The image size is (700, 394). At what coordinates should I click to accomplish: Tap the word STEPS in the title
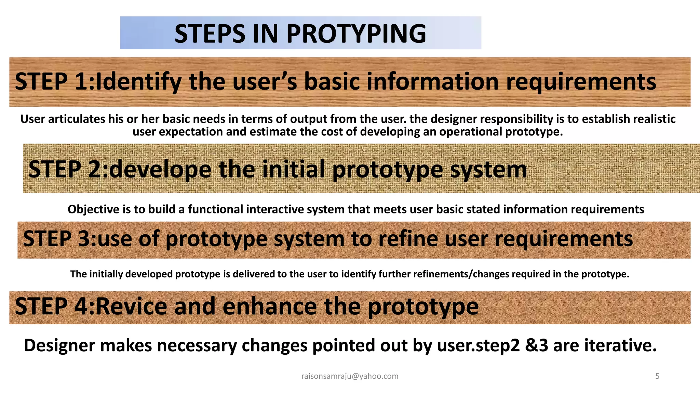[210, 34]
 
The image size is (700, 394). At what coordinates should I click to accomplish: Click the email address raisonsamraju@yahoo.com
[350, 376]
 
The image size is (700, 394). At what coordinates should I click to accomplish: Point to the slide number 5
[657, 376]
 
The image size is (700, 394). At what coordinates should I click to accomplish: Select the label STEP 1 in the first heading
[51, 82]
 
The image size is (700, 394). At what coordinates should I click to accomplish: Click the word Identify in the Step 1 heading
[138, 82]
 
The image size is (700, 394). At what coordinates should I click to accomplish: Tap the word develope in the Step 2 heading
[160, 169]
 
